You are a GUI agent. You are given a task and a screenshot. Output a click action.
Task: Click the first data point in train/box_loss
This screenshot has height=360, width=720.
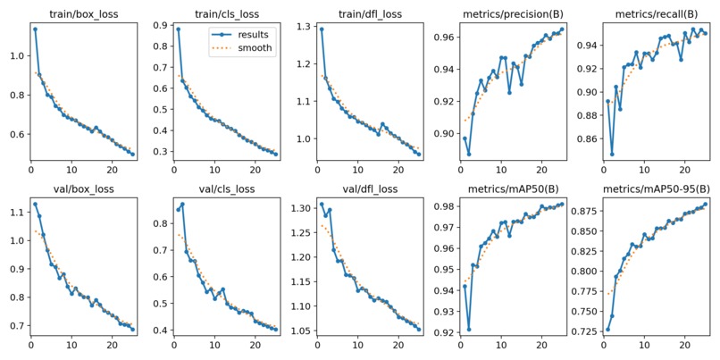tap(35, 29)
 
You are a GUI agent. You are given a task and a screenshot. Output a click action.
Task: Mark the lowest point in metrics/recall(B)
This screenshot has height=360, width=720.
tap(612, 154)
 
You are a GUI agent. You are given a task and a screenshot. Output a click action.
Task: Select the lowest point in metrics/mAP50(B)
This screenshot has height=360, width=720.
tap(468, 329)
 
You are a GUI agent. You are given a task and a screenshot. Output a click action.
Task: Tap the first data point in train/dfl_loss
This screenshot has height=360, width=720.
tap(322, 29)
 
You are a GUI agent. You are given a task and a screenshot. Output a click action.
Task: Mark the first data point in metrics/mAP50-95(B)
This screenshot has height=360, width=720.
tap(608, 329)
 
